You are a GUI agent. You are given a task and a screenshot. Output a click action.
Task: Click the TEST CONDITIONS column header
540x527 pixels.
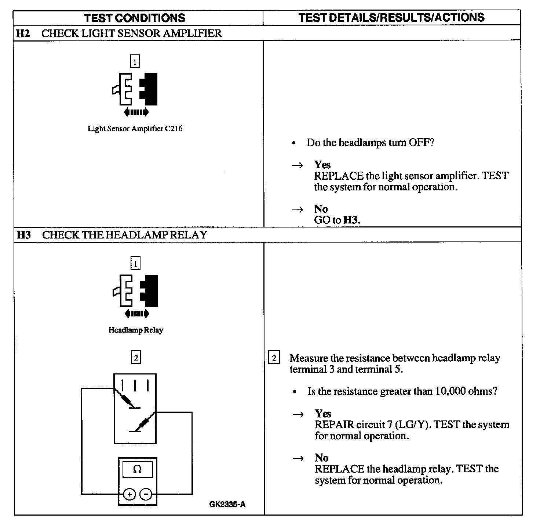(135, 18)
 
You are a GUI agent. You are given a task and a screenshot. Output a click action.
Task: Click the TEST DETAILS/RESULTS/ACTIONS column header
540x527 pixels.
(391, 17)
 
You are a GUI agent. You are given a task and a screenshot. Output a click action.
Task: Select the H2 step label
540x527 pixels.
(23, 33)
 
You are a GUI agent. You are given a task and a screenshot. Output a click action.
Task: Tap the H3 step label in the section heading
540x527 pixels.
(23, 235)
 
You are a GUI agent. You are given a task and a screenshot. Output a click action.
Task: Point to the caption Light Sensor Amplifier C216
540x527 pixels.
(135, 129)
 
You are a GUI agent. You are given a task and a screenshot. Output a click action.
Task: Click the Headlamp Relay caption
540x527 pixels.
(136, 330)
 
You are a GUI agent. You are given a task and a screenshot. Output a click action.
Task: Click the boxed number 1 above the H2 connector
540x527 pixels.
(135, 61)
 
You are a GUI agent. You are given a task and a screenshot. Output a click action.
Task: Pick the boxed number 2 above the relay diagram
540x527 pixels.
(136, 357)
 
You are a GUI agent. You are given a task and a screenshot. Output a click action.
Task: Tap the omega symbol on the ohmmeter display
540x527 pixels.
(137, 469)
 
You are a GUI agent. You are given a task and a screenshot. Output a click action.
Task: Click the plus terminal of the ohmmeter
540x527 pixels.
(129, 494)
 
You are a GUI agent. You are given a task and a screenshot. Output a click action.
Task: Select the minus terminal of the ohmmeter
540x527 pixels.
(146, 494)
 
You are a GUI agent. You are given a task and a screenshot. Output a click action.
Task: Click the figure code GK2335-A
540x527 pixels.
(227, 504)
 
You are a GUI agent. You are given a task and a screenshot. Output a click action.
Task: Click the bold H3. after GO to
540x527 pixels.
(352, 220)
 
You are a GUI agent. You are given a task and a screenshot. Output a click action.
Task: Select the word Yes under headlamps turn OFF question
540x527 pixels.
(322, 165)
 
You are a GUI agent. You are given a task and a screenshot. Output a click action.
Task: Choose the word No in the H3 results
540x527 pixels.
(321, 458)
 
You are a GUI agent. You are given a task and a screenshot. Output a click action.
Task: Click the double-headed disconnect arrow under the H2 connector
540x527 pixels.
(136, 112)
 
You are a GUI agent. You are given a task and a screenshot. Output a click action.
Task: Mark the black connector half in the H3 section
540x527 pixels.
(151, 291)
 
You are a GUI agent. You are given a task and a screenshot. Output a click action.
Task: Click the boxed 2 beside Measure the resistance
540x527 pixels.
(274, 358)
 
